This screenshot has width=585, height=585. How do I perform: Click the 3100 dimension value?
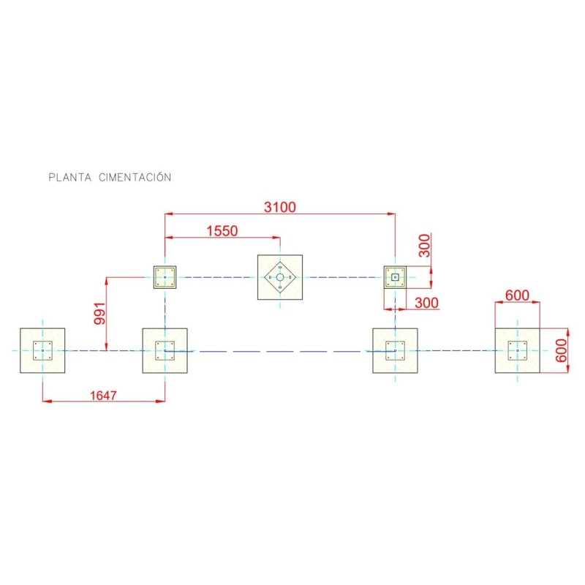coord(280,207)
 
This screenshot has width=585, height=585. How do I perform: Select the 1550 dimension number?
coord(222,231)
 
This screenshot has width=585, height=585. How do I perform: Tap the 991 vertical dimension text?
coord(100,314)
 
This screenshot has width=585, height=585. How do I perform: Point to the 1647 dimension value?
coord(103,395)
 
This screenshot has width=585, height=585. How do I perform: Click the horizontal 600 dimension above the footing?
coord(517,295)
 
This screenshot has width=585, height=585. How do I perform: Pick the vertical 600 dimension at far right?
coord(561,350)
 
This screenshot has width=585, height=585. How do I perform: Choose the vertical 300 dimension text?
coord(424,246)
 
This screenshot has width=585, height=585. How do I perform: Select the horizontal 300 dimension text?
coord(427,303)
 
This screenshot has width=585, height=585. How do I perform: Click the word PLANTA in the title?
coord(70,177)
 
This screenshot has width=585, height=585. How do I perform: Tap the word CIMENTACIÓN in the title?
coord(135,177)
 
